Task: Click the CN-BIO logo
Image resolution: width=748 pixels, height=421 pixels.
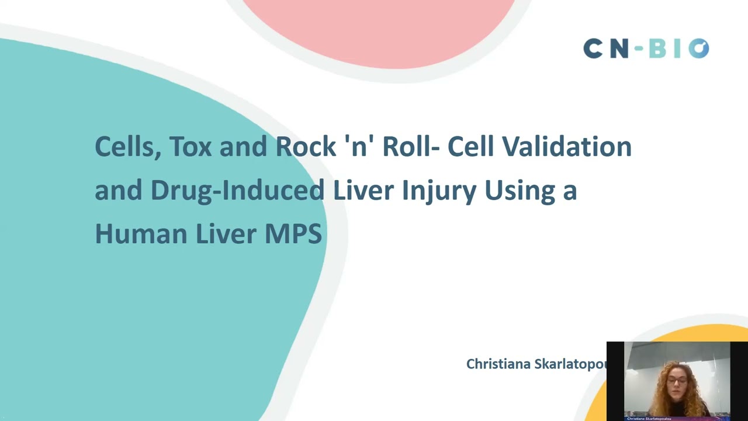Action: pos(646,49)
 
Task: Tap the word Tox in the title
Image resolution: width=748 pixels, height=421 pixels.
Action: pos(191,147)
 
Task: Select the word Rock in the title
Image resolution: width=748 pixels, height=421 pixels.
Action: pos(302,147)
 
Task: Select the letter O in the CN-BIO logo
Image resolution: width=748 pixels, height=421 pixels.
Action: pos(698,49)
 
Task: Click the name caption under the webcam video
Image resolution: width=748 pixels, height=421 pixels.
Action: pos(649,419)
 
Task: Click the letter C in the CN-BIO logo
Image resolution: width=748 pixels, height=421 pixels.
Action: pos(593,49)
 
